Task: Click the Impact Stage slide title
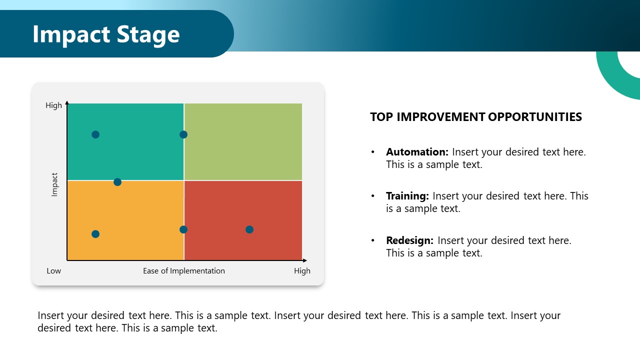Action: [x=106, y=34]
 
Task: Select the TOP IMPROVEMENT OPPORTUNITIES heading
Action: [x=475, y=117]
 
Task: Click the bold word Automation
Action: [x=417, y=152]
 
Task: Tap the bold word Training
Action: [x=407, y=196]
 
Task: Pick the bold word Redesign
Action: [x=409, y=240]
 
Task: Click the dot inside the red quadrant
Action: [x=249, y=229]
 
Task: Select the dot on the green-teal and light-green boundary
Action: [x=183, y=134]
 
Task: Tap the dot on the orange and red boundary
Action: [x=183, y=229]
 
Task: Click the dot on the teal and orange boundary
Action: [x=117, y=182]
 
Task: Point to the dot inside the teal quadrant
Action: [x=95, y=134]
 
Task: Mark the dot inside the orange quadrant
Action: [x=95, y=234]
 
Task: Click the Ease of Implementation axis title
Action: [x=184, y=271]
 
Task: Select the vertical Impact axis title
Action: [x=55, y=184]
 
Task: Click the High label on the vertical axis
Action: [x=53, y=105]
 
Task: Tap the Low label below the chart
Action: [x=53, y=271]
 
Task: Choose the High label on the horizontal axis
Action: [x=302, y=271]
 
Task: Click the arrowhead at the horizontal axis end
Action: [x=304, y=260]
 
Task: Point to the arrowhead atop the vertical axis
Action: [x=67, y=102]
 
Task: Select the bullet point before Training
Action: [x=373, y=196]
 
